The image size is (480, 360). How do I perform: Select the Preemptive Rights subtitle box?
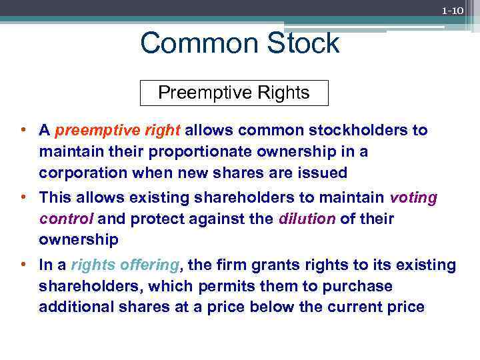234,93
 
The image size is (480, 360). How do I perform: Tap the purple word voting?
413,197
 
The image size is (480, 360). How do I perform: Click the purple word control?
66,219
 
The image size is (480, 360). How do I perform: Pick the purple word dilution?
307,219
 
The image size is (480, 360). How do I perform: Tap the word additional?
72,307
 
